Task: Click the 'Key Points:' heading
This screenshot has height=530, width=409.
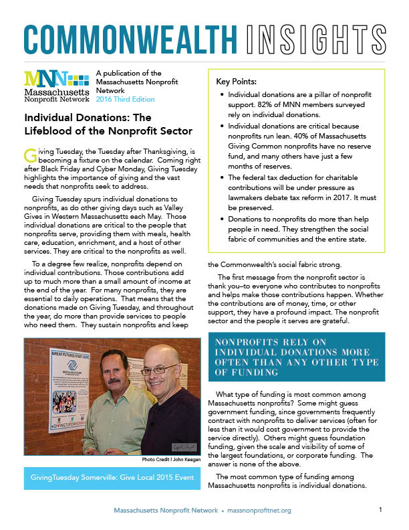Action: [x=240, y=81]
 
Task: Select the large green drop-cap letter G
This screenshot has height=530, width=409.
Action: [x=29, y=155]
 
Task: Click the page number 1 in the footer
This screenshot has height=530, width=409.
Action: [x=380, y=510]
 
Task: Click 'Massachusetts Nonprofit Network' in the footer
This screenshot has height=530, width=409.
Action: [x=166, y=511]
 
